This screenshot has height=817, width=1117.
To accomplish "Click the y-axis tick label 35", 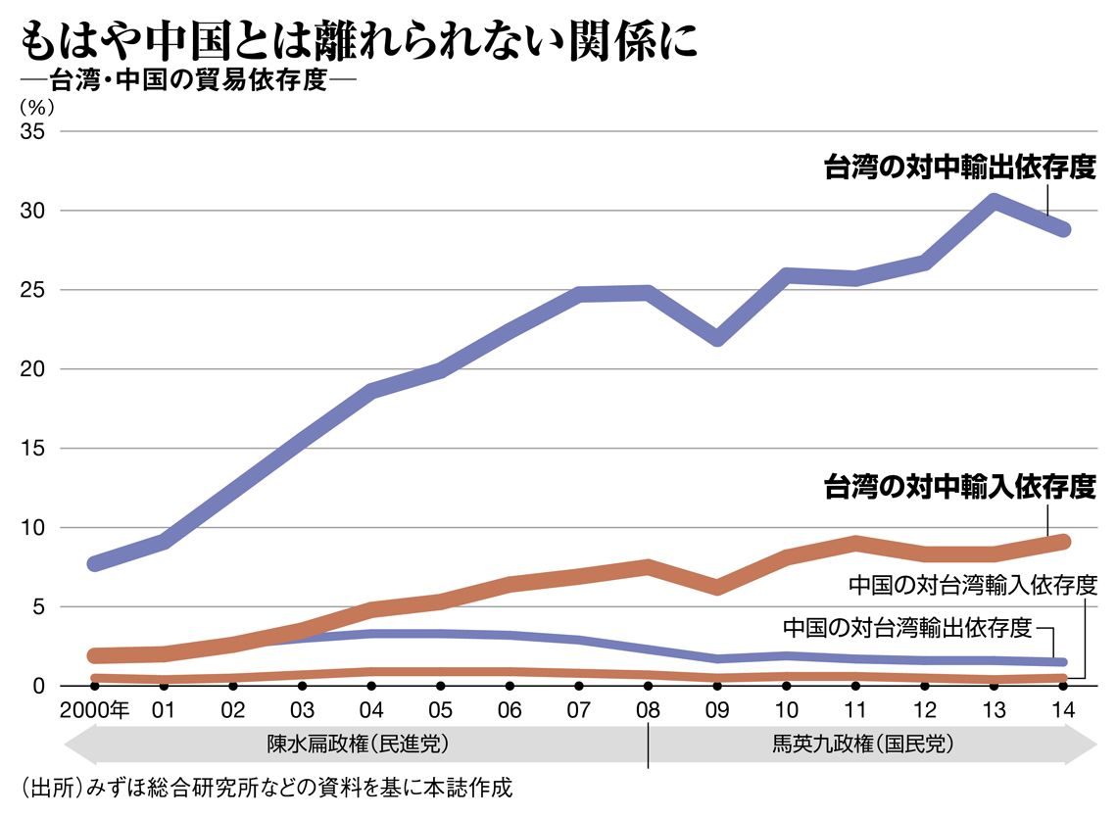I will pyautogui.click(x=32, y=131).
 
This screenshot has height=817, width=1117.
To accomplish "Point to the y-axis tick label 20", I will pyautogui.click(x=32, y=369).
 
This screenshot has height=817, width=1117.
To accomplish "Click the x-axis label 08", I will pyautogui.click(x=647, y=709).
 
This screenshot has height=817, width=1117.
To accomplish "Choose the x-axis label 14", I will pyautogui.click(x=1061, y=709).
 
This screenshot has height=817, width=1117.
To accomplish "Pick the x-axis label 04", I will pyautogui.click(x=371, y=709).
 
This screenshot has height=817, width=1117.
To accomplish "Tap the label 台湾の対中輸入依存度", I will pyautogui.click(x=959, y=486).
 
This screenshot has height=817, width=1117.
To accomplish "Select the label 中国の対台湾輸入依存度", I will pyautogui.click(x=971, y=586).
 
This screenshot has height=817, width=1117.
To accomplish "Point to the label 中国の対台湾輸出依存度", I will pyautogui.click(x=907, y=626).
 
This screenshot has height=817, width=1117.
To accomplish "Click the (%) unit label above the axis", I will pyautogui.click(x=32, y=106).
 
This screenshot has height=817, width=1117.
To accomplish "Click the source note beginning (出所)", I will pyautogui.click(x=265, y=787).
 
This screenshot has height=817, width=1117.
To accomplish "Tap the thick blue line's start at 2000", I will pyautogui.click(x=95, y=563).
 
